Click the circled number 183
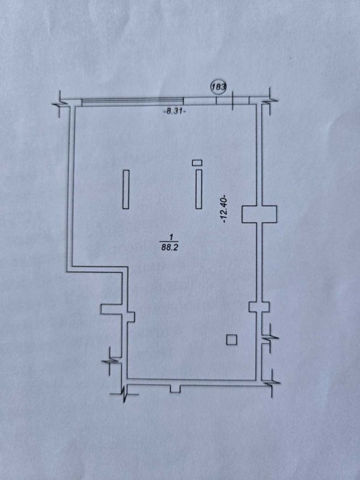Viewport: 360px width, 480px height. [218, 87]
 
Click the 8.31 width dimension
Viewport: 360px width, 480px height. [175, 112]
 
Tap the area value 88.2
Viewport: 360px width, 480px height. [170, 247]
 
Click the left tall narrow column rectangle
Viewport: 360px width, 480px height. [125, 189]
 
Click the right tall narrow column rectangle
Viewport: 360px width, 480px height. [199, 189]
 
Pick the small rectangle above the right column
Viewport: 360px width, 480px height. [197, 163]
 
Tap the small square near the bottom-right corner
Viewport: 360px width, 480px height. [232, 340]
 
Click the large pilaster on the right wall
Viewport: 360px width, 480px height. [259, 214]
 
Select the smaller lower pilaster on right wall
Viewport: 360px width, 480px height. [259, 307]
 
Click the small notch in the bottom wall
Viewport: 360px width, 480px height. [175, 389]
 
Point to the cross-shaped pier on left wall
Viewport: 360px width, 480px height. [118, 313]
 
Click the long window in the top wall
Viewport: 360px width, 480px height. [133, 102]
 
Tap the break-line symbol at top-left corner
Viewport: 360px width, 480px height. [62, 104]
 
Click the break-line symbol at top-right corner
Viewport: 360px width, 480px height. [270, 101]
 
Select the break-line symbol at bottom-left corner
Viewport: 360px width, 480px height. [124, 393]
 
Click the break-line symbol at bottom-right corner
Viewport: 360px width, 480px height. [272, 383]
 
